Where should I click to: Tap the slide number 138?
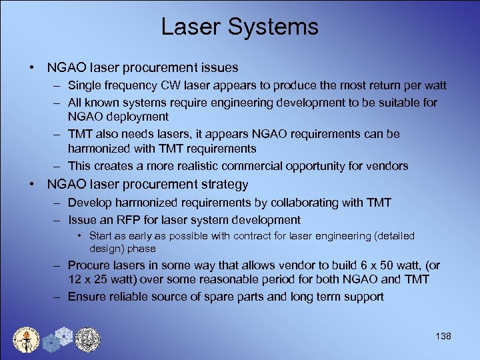(442, 336)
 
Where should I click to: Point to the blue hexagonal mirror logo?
(57, 338)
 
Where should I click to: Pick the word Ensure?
(85, 297)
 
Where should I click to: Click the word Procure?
(88, 265)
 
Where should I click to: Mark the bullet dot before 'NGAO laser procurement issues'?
(32, 68)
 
